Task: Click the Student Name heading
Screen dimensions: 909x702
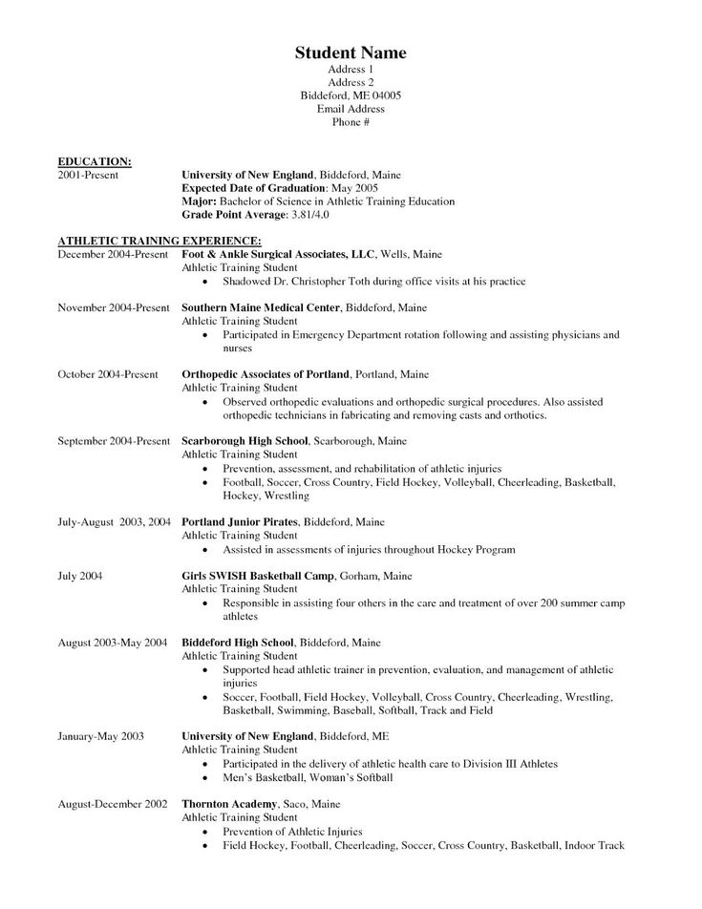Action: pyautogui.click(x=350, y=52)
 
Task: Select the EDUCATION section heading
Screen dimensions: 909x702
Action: pyautogui.click(x=95, y=162)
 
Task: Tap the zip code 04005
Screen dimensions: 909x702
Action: pyautogui.click(x=384, y=95)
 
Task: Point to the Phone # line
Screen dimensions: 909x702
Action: pyautogui.click(x=351, y=123)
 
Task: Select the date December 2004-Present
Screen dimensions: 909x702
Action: pyautogui.click(x=114, y=256)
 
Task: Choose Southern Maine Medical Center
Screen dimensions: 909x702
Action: pyautogui.click(x=261, y=308)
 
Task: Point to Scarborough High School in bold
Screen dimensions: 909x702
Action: pyautogui.click(x=245, y=442)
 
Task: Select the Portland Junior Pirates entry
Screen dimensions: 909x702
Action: pyautogui.click(x=241, y=522)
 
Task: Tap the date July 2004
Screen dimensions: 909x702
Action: pyautogui.click(x=80, y=577)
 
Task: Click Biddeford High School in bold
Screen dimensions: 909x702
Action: pyautogui.click(x=239, y=644)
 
